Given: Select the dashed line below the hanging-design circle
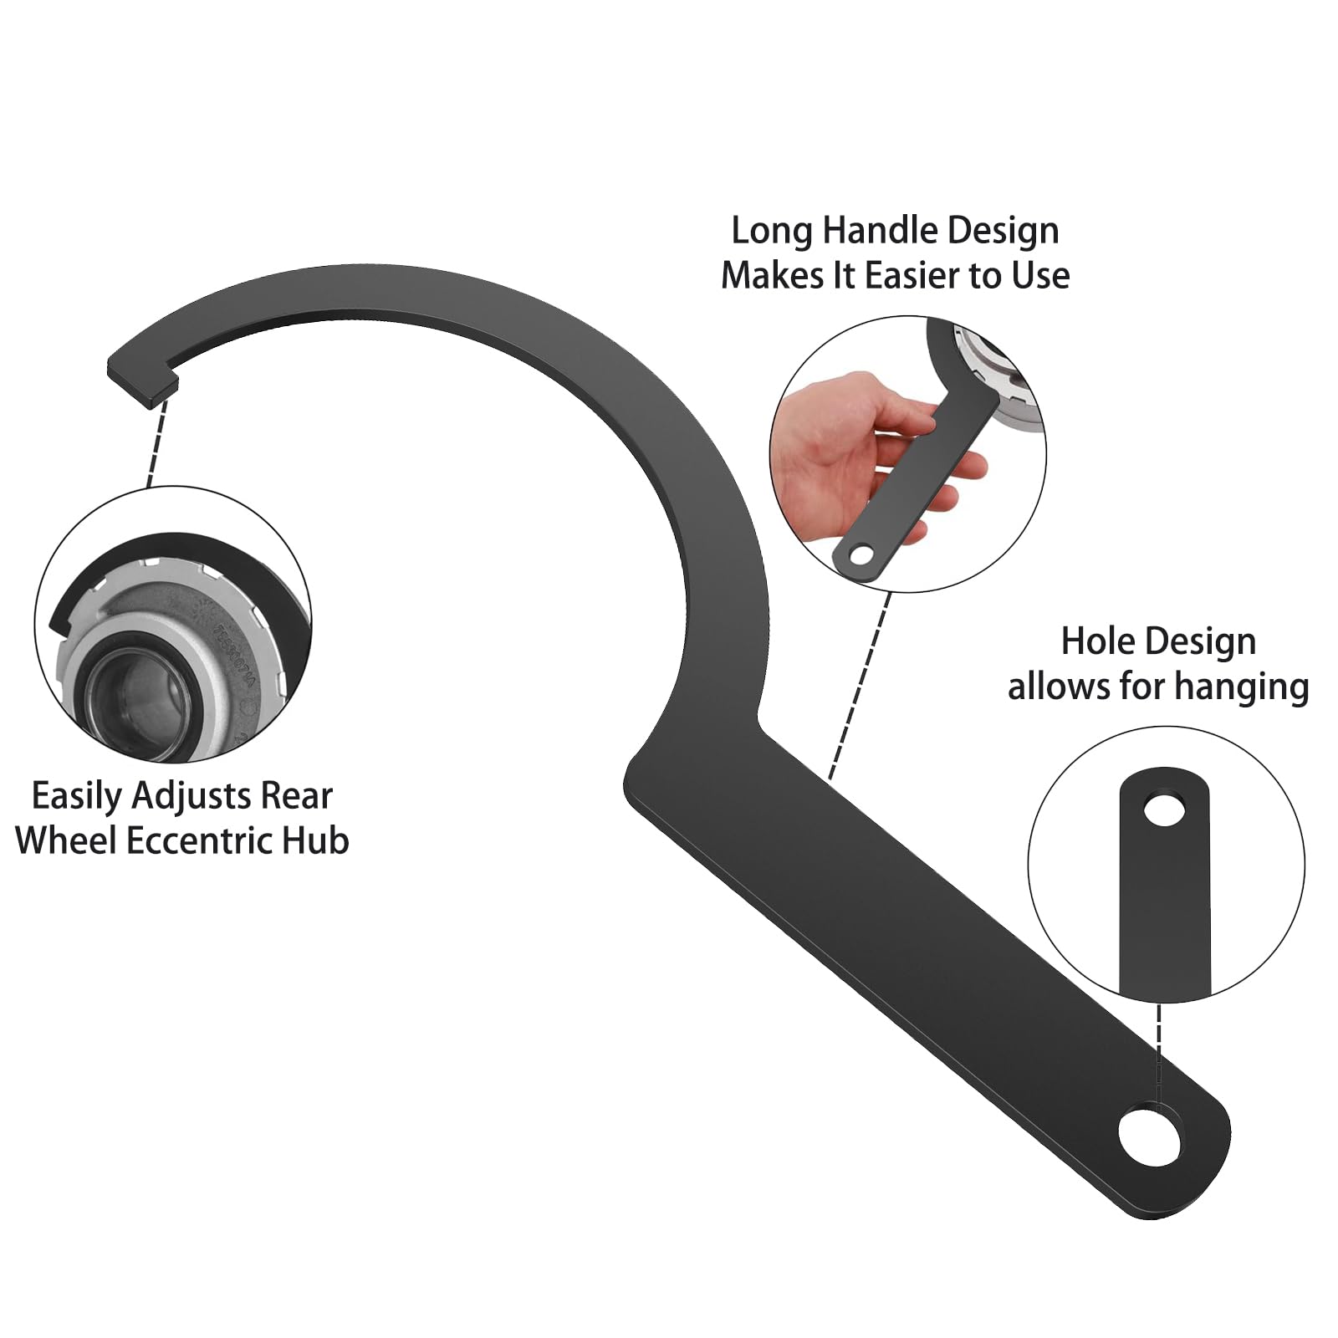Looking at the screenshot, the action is [x=1159, y=1055].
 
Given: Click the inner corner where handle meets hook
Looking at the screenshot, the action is [x=759, y=717].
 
